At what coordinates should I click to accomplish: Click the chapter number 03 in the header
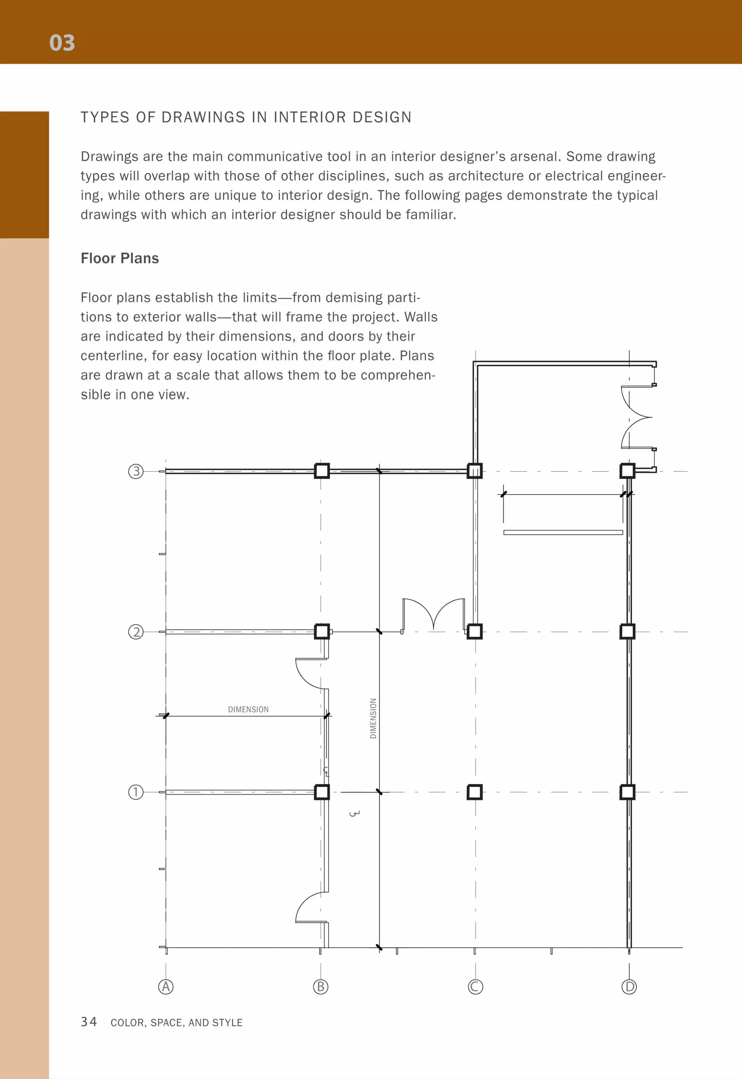tap(62, 43)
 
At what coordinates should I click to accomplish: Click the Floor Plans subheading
tap(120, 258)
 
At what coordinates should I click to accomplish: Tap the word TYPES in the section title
tap(105, 117)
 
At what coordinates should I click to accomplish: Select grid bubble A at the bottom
tap(166, 987)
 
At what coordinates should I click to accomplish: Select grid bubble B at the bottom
tap(320, 987)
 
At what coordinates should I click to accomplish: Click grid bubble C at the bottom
tap(475, 987)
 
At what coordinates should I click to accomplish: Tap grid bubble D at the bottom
tap(629, 987)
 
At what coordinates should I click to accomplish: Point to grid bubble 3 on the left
tap(136, 471)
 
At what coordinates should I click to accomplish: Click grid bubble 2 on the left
tap(136, 632)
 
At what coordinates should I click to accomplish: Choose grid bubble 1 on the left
tap(136, 792)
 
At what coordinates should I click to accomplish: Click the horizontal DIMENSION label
tap(248, 709)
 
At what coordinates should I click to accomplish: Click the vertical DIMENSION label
tap(373, 718)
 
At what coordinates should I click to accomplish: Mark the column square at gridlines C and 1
tap(475, 792)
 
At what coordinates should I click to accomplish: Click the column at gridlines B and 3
tap(322, 471)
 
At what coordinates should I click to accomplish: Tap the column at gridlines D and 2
tap(628, 632)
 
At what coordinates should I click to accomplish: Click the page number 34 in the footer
tap(89, 1022)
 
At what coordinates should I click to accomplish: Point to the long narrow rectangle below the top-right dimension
tap(563, 532)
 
